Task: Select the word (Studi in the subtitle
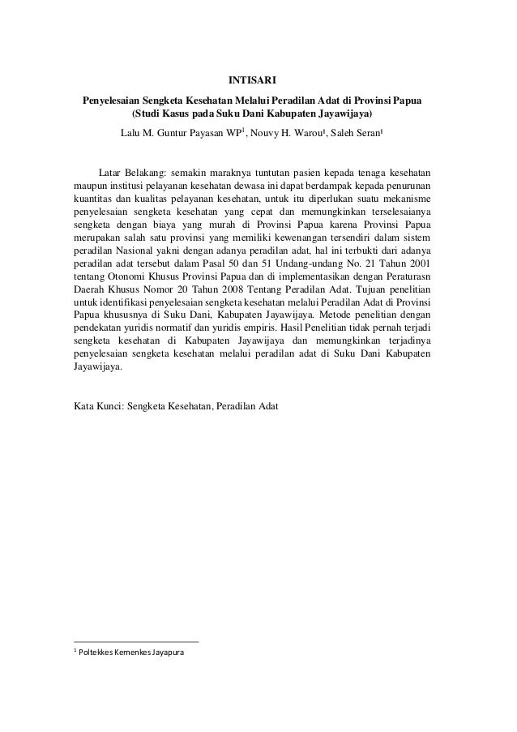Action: point(151,114)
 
